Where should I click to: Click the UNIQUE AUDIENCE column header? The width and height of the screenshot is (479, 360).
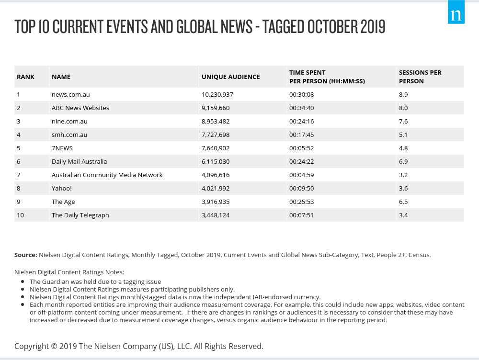point(230,77)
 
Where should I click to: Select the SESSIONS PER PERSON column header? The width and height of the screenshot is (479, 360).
point(420,77)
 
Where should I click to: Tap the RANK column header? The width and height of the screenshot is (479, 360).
point(25,77)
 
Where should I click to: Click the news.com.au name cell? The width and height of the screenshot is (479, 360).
point(70,94)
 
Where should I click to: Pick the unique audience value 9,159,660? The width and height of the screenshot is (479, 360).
point(216,108)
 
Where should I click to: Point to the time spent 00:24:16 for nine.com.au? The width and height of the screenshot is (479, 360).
point(301,121)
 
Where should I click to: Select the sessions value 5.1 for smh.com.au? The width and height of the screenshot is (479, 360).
point(403,135)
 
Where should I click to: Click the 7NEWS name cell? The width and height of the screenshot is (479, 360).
point(62,148)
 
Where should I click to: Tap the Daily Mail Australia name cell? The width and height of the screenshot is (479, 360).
point(79,161)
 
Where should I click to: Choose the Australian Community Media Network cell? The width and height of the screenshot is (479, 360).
point(107,175)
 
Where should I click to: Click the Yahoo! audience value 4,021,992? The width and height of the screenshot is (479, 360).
point(216,188)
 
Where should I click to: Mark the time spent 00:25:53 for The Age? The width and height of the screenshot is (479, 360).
point(301,202)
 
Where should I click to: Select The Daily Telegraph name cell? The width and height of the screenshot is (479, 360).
point(80,215)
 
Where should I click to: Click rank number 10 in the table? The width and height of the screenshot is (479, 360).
point(20,215)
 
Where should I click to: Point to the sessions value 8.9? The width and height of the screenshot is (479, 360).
point(403,94)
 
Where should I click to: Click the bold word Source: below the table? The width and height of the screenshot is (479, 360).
point(25,255)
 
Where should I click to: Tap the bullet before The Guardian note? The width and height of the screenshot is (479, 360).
point(23,281)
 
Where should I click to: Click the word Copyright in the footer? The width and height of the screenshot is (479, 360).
point(31,346)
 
